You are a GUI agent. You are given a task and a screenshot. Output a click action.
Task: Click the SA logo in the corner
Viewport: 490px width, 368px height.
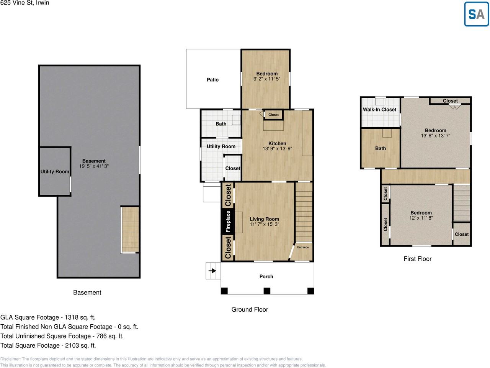tap(476, 14)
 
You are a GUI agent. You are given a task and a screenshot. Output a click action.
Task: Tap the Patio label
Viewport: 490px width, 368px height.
tap(212, 80)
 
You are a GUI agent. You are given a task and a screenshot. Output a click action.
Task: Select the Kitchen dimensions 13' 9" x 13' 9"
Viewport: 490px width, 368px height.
tap(277, 149)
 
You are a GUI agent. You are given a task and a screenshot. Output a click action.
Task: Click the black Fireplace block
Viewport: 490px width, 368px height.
tap(228, 221)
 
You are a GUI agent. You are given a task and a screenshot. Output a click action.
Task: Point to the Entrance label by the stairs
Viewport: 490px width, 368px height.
tap(303, 247)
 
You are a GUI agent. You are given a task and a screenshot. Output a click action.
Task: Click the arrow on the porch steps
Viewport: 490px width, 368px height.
tap(212, 271)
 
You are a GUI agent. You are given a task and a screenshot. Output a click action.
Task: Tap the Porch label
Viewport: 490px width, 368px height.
tap(266, 276)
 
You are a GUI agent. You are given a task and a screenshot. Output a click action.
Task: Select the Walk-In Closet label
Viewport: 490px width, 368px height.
tap(379, 110)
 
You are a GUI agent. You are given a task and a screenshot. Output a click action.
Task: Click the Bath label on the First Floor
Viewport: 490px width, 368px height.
tap(380, 148)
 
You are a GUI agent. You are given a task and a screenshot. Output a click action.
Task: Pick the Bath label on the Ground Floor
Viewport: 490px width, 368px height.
tap(221, 124)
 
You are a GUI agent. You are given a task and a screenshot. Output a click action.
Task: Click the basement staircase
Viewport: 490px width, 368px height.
tap(130, 229)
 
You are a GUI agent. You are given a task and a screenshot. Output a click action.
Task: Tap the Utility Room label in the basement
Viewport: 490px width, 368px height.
tap(55, 172)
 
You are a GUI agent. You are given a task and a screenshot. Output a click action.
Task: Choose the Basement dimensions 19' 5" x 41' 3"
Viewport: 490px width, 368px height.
tap(94, 166)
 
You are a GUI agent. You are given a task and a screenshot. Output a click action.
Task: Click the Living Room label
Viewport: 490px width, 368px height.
tap(264, 219)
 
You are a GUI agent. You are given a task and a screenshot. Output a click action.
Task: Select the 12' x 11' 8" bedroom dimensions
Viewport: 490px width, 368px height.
tap(421, 218)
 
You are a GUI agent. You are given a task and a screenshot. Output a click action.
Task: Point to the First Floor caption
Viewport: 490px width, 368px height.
tap(417, 259)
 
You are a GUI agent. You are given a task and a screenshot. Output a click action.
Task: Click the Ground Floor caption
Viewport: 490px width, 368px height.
tap(250, 309)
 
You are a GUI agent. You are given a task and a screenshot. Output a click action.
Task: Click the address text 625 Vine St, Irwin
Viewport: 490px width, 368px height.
tap(25, 3)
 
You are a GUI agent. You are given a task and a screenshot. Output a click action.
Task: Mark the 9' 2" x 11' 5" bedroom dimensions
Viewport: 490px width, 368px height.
tap(267, 79)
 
